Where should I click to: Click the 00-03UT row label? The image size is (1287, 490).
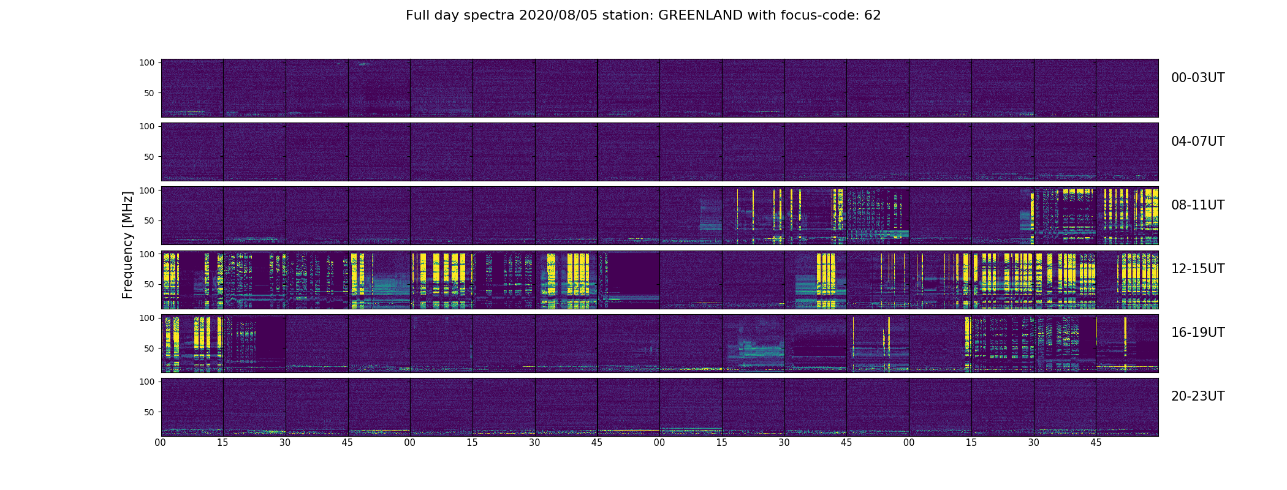coord(1198,78)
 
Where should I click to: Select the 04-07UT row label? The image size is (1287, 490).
coord(1198,141)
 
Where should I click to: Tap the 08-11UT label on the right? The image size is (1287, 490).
coord(1198,205)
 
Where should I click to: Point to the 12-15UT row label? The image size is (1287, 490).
coord(1198,269)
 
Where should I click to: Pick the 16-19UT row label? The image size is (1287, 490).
coord(1198,333)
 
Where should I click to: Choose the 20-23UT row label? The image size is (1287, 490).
coord(1198,396)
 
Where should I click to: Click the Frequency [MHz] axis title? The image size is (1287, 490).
coord(127,245)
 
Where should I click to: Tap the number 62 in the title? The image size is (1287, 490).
coord(872,15)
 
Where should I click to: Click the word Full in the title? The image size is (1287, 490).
coord(416,15)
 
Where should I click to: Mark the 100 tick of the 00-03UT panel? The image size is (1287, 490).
coord(147,62)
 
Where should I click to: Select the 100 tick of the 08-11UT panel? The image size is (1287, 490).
coord(147,190)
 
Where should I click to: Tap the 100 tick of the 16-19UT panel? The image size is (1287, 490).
coord(147,317)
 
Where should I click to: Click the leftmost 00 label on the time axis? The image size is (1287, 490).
coord(161,442)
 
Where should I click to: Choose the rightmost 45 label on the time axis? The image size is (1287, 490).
coord(1096,442)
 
